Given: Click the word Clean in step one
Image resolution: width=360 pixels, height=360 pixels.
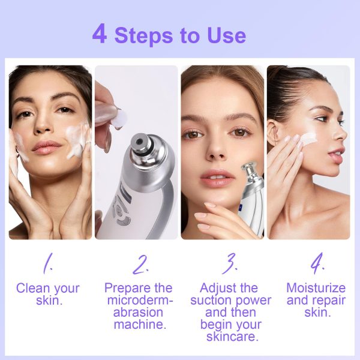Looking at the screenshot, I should pos(32,288).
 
